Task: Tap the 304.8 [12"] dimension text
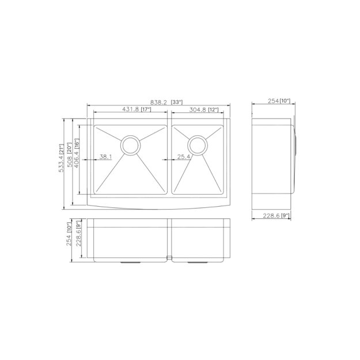pos(200,109)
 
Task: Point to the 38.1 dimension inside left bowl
pos(106,157)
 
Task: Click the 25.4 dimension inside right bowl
pos(184,157)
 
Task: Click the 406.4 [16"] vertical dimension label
pos(77,157)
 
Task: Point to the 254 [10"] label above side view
pos(279,101)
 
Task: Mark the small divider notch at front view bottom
pos(169,257)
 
